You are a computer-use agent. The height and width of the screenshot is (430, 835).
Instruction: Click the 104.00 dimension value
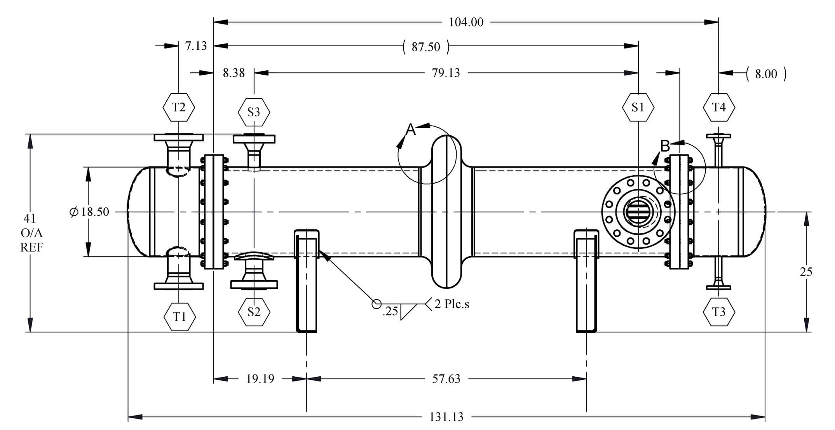(466, 22)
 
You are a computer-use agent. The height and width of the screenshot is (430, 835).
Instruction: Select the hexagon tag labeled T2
(178, 107)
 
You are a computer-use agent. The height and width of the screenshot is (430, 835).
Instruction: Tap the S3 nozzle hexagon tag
(254, 112)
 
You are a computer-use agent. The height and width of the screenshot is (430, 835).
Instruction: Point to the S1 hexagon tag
(638, 107)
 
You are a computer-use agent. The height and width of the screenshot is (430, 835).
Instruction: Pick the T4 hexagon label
(719, 107)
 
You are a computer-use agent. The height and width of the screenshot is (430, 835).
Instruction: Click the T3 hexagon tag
(719, 312)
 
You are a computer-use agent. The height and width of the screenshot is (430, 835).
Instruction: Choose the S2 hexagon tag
(254, 312)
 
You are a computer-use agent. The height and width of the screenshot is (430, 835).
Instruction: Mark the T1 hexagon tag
(179, 317)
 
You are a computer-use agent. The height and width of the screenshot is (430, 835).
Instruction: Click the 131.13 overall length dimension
(446, 417)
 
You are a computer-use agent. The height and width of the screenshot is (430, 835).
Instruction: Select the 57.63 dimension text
(446, 379)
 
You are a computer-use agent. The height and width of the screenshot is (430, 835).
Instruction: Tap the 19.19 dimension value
(260, 379)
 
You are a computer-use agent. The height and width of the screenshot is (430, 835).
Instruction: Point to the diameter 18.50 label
(89, 212)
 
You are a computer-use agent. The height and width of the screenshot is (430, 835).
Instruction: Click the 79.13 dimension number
(446, 73)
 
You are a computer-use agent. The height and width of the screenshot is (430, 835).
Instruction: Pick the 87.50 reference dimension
(426, 47)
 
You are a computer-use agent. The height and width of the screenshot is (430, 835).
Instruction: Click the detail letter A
(411, 129)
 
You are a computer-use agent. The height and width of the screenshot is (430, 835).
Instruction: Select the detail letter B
(665, 146)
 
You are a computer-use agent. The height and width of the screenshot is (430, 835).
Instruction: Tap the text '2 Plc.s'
(452, 304)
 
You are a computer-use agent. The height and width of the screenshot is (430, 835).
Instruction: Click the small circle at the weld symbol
(377, 304)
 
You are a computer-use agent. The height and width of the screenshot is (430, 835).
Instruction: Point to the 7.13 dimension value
(196, 46)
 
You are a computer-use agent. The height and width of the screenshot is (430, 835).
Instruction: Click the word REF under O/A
(32, 247)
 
